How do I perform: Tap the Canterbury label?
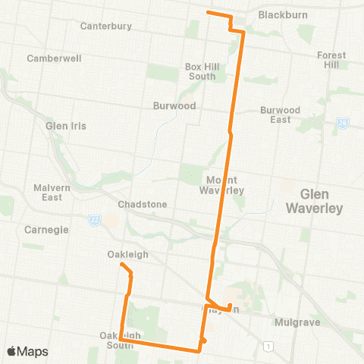tap(105, 27)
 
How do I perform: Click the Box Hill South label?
tap(202, 71)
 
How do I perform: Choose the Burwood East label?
tap(275, 115)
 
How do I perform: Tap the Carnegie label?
tap(47, 230)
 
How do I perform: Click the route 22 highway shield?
tap(94, 219)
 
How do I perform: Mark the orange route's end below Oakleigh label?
tap(121, 264)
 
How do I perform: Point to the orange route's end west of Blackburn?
tap(209, 13)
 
